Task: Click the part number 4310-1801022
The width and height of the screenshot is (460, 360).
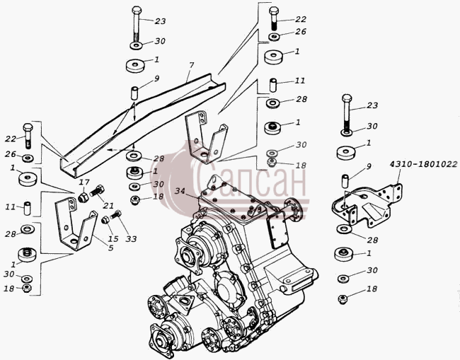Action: [x=424, y=164]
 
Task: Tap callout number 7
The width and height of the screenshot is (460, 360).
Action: [x=191, y=65]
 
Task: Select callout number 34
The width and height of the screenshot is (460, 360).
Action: [x=180, y=191]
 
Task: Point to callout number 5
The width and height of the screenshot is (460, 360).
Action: [x=110, y=248]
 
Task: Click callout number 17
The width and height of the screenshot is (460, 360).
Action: [x=84, y=182]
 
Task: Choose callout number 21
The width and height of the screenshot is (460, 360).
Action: [x=108, y=206]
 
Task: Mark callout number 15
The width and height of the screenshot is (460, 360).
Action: [x=113, y=238]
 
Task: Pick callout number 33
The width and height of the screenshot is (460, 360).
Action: [x=131, y=239]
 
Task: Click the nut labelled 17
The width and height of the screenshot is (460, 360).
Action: [x=84, y=198]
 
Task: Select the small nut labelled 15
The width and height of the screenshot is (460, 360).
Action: [x=105, y=219]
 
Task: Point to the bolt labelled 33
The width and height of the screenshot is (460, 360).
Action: [x=115, y=215]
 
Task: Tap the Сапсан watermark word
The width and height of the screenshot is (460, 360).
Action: [x=251, y=180]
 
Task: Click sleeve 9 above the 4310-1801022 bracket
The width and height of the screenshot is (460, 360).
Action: [x=345, y=181]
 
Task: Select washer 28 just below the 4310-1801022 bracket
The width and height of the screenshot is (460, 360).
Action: [x=343, y=228]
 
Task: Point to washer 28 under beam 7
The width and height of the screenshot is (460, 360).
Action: [x=134, y=156]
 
